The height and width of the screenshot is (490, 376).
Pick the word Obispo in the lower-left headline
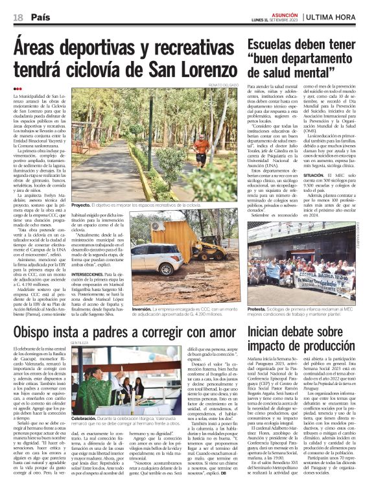[x=38, y=332]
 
